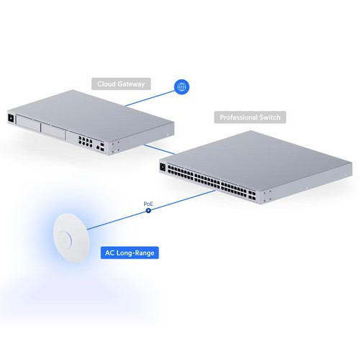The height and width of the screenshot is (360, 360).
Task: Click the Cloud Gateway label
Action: coord(121,84)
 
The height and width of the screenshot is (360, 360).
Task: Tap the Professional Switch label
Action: coord(250,117)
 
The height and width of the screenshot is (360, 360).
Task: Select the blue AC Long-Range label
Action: coord(130,253)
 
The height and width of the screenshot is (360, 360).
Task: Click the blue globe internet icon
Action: coord(181,87)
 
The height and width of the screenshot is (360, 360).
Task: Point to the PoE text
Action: coord(148,204)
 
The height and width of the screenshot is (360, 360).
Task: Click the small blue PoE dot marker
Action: coord(148,211)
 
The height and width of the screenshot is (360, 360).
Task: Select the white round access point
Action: coord(71,238)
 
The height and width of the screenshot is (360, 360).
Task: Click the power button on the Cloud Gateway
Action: coord(11,118)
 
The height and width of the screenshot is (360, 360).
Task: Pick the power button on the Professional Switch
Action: coord(163,167)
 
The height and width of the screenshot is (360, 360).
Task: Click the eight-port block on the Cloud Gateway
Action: coord(85,141)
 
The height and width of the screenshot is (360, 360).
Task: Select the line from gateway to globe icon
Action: coord(150,99)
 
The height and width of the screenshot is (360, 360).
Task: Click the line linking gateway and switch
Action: coord(159,149)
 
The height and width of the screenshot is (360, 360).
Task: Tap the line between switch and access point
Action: coord(151,210)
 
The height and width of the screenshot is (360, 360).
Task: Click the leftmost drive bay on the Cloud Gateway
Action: coord(28,123)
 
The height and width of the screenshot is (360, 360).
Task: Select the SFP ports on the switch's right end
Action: coord(252,195)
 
